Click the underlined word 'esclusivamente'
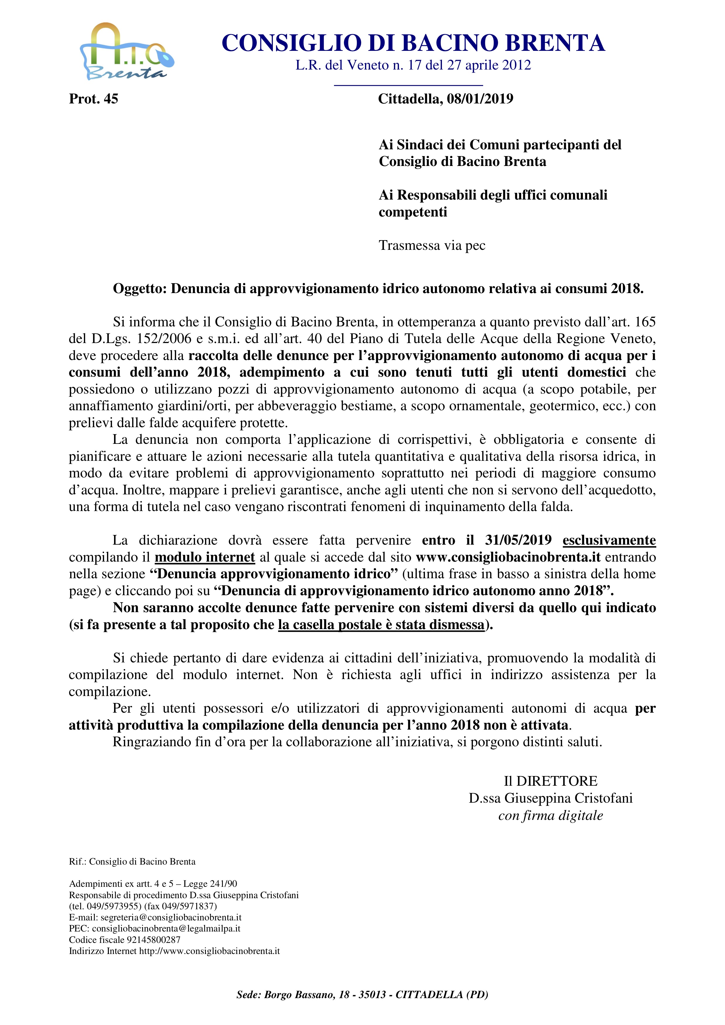click(x=609, y=540)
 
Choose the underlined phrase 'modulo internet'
click(x=205, y=557)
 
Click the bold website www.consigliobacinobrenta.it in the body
click(x=508, y=557)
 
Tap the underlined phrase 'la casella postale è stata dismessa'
click(x=381, y=624)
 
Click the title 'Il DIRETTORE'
click(x=550, y=781)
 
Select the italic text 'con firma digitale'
click(x=550, y=816)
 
